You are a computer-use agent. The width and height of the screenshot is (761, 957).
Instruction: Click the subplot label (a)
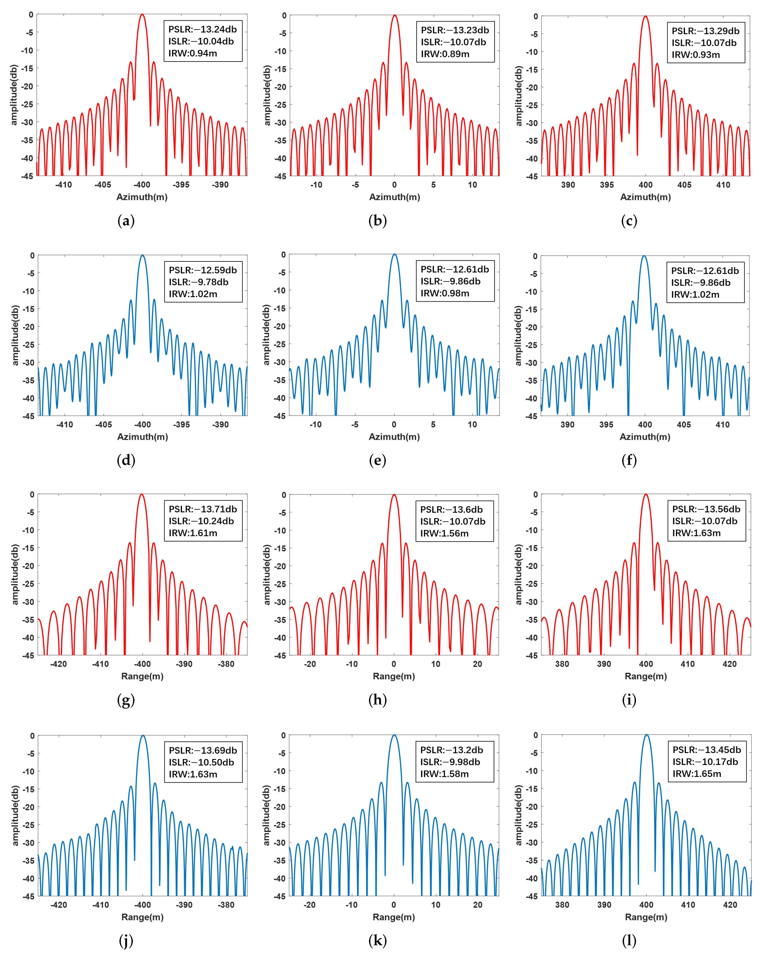pos(126,221)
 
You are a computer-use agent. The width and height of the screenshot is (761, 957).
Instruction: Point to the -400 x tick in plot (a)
pos(142,185)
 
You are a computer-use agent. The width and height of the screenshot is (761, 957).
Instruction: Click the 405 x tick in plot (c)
pos(684,185)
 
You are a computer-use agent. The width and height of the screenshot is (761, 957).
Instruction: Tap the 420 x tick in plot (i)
pos(729,664)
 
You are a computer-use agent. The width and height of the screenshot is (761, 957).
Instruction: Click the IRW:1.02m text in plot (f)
pos(695,294)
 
